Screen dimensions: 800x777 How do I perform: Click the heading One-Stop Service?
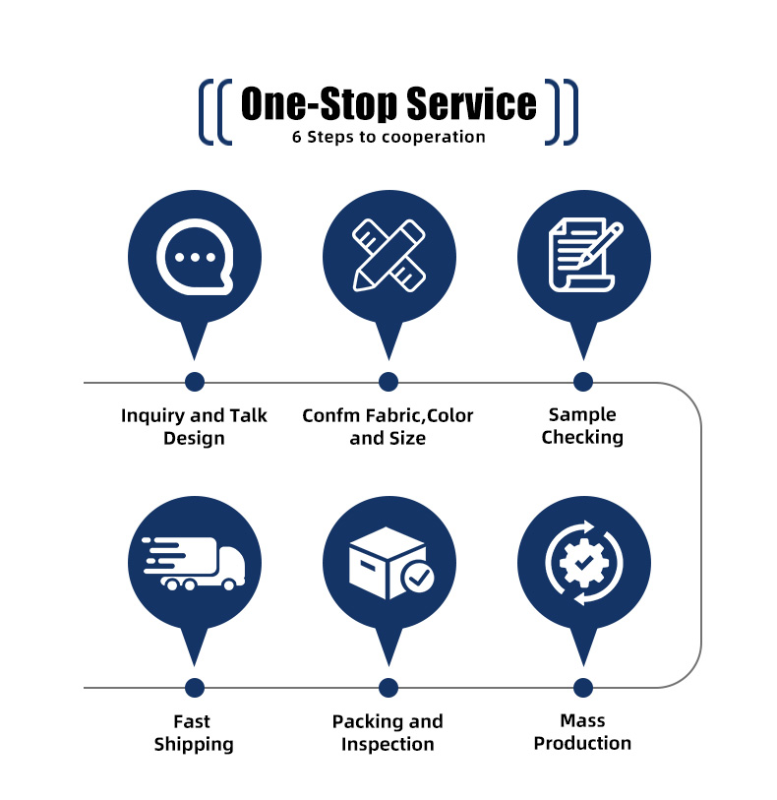pyautogui.click(x=388, y=104)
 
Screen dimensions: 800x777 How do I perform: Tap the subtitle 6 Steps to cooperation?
pyautogui.click(x=388, y=137)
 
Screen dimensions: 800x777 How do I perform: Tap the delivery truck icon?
pyautogui.click(x=195, y=564)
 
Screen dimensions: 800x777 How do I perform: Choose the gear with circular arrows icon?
pyautogui.click(x=584, y=563)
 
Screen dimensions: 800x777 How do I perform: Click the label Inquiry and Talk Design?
pyautogui.click(x=194, y=426)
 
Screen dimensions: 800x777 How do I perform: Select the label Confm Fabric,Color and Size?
pyautogui.click(x=388, y=426)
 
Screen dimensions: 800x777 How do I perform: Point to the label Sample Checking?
pyautogui.click(x=582, y=426)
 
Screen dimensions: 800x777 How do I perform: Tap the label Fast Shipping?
pyautogui.click(x=194, y=733)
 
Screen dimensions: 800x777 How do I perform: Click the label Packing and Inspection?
pyautogui.click(x=388, y=733)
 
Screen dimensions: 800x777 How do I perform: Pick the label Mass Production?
pyautogui.click(x=582, y=732)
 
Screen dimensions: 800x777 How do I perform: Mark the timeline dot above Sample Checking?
pyautogui.click(x=583, y=382)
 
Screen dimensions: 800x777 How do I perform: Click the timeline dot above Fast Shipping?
pyautogui.click(x=195, y=688)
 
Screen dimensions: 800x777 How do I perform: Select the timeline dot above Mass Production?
pyautogui.click(x=583, y=688)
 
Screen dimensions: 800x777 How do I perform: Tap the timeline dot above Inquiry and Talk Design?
pyautogui.click(x=195, y=382)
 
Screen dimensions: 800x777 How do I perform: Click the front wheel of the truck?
pyautogui.click(x=229, y=585)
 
